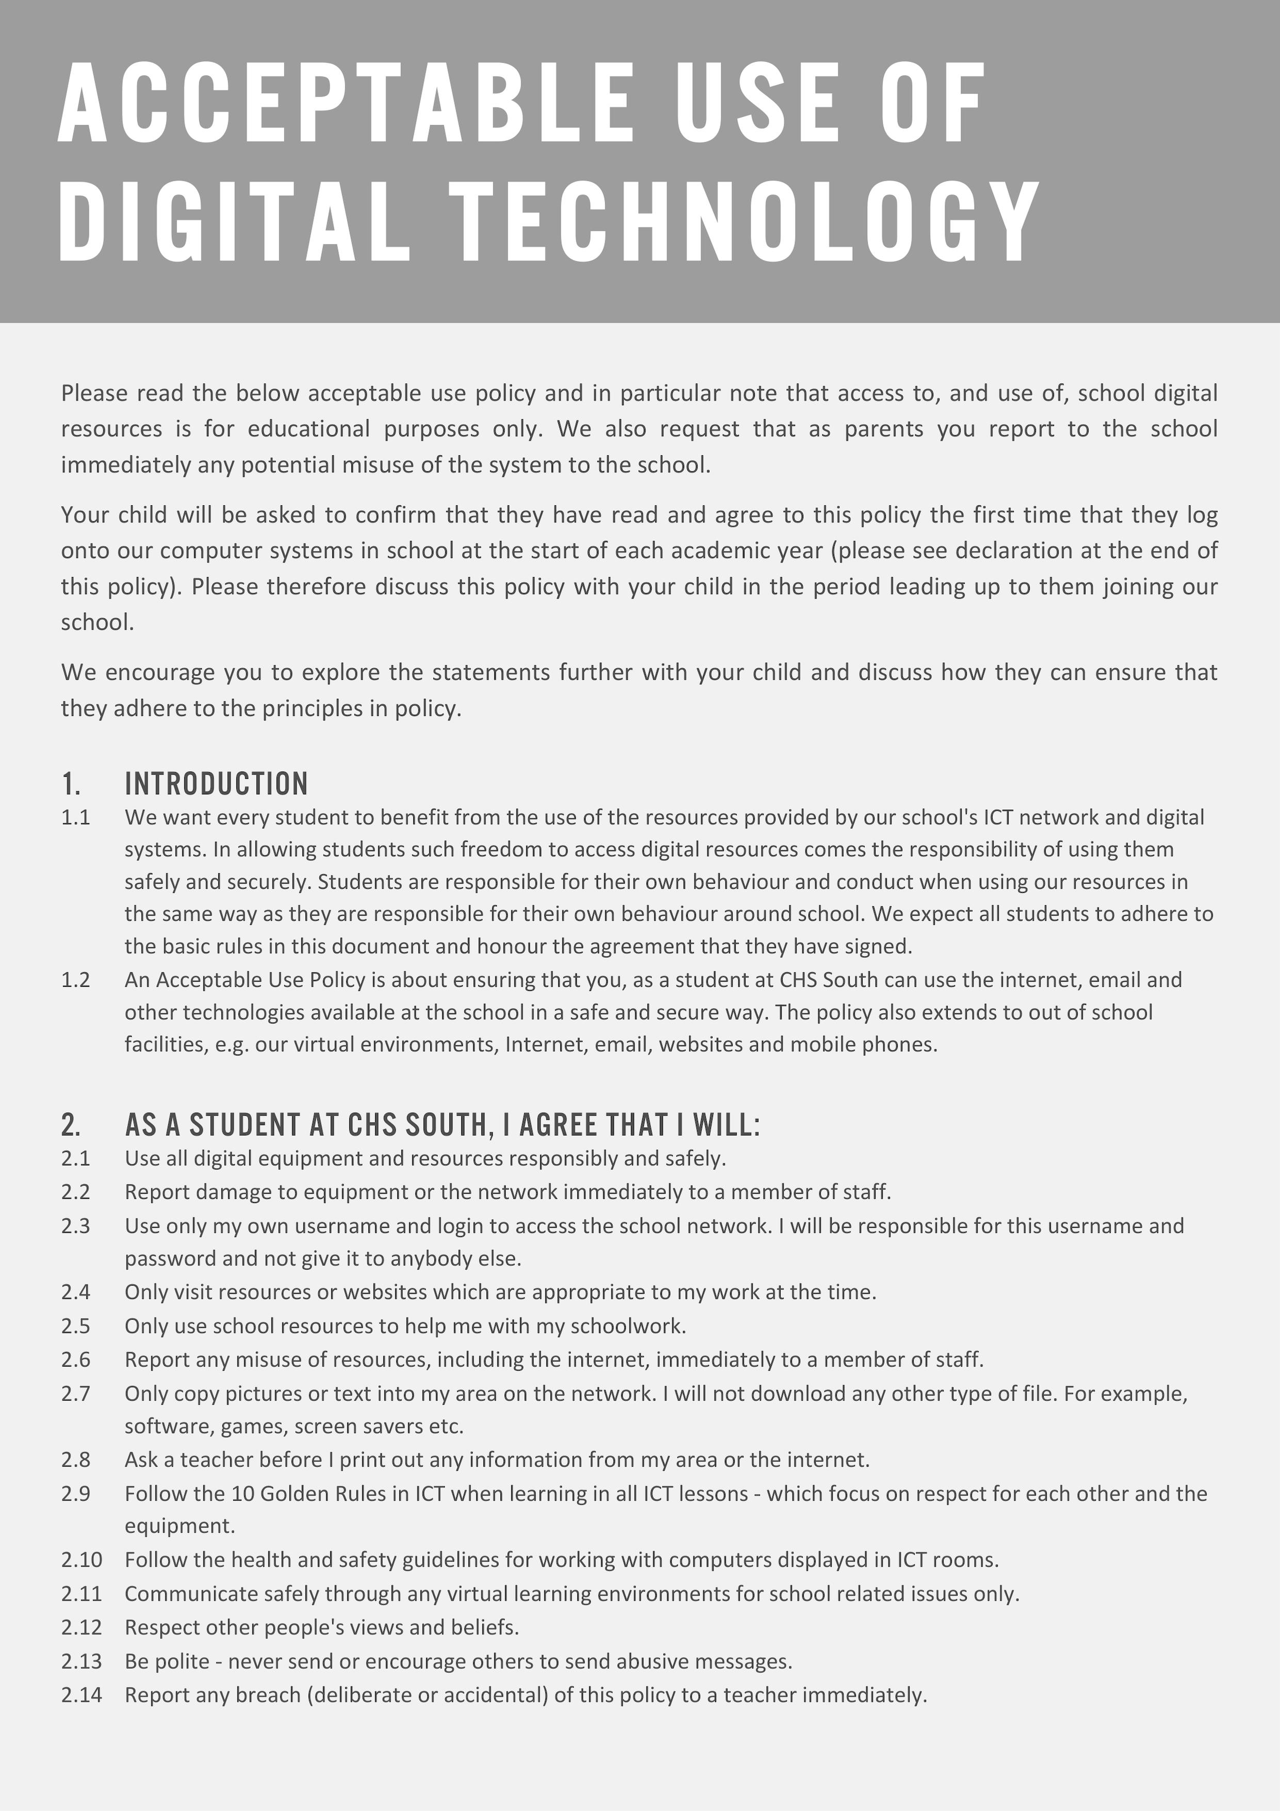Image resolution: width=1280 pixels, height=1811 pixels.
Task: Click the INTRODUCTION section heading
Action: (216, 783)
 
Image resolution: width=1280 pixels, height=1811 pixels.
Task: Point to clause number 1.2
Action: (76, 980)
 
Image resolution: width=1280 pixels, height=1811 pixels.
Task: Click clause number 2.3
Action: (76, 1226)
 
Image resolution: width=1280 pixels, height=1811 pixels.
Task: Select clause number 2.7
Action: (76, 1394)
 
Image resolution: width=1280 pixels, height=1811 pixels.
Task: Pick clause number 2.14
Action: (81, 1695)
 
